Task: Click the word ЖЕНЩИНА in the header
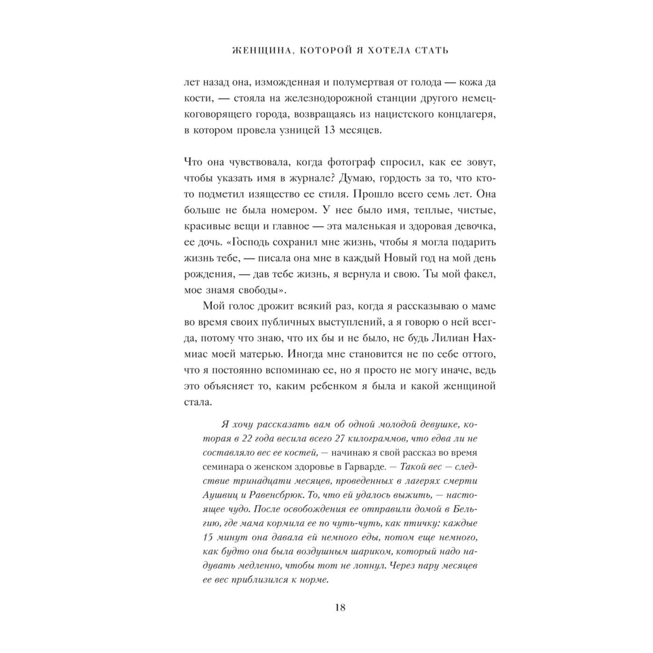(x=258, y=50)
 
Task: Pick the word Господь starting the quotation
(x=256, y=242)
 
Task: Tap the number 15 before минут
(x=210, y=537)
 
